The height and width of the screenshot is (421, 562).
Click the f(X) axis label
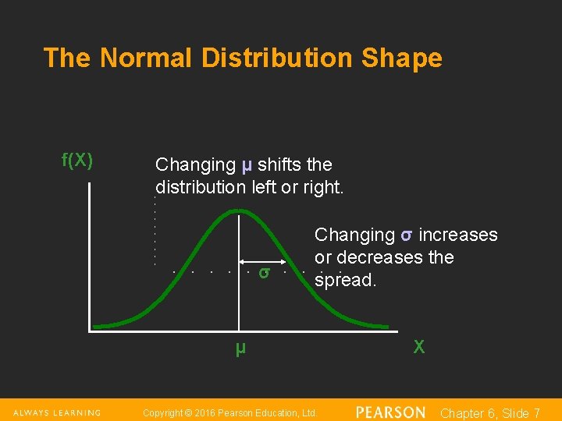pyautogui.click(x=77, y=161)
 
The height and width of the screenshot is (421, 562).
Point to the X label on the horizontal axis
pyautogui.click(x=419, y=348)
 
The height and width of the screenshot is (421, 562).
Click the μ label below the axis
pyautogui.click(x=240, y=348)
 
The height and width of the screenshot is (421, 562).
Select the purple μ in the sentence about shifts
pyautogui.click(x=247, y=165)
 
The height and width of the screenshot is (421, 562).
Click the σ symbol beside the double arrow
pyautogui.click(x=265, y=273)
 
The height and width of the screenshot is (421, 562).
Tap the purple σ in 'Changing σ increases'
pyautogui.click(x=407, y=235)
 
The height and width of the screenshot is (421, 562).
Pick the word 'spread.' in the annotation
pyautogui.click(x=345, y=280)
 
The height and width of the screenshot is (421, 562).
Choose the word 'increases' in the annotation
pyautogui.click(x=458, y=235)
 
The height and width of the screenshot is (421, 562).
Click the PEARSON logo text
pyautogui.click(x=390, y=412)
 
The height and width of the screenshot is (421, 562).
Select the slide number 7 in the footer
pyautogui.click(x=536, y=413)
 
